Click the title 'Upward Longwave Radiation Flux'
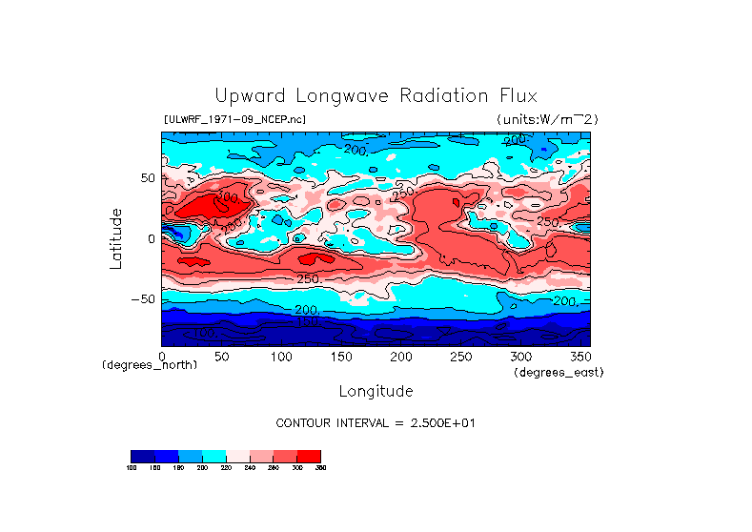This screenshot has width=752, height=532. click(x=376, y=96)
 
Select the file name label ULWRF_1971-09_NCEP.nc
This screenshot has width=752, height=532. click(x=234, y=119)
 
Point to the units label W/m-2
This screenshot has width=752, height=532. click(x=546, y=119)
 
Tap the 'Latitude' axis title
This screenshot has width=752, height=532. click(x=116, y=238)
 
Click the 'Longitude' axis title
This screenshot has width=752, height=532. click(x=376, y=391)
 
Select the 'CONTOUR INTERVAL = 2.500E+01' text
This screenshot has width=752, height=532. click(x=376, y=422)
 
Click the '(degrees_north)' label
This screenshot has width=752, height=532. click(x=150, y=365)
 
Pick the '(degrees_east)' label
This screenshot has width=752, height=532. click(x=559, y=373)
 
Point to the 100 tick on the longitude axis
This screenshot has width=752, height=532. click(x=281, y=356)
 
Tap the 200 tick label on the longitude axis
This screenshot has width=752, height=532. click(x=401, y=356)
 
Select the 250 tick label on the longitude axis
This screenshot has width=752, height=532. click(x=460, y=356)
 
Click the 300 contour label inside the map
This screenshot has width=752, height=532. click(x=227, y=198)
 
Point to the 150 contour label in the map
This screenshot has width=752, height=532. click(x=307, y=323)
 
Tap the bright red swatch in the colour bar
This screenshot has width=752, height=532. click(x=309, y=456)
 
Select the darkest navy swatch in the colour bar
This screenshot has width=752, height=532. click(x=142, y=456)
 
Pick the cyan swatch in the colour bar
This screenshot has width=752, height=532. click(x=213, y=456)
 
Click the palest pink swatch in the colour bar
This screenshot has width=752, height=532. click(x=237, y=456)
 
